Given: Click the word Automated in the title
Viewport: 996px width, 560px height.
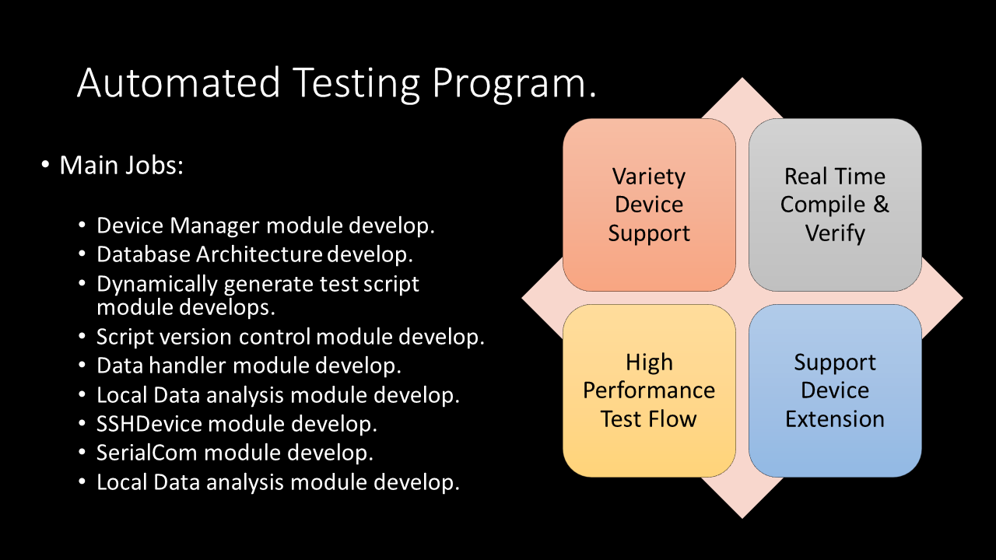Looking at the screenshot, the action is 178,82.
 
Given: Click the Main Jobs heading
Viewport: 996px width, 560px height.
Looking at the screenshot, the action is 121,166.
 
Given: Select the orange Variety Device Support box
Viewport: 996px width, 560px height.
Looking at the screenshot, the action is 649,205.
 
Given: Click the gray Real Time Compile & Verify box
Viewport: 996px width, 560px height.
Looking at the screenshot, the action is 835,205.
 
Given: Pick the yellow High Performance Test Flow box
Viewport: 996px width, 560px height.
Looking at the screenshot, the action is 649,390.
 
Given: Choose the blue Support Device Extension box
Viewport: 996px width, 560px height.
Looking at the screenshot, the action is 835,390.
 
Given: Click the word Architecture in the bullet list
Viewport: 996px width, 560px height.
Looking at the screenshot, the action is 259,254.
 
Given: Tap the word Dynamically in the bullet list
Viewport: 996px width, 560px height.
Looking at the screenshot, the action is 157,285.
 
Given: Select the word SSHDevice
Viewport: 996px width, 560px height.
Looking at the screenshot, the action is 149,424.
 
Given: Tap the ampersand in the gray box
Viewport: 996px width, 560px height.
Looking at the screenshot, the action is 881,205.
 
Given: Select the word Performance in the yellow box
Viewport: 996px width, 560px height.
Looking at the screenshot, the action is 649,391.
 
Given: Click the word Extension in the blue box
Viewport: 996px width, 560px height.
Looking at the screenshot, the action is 835,419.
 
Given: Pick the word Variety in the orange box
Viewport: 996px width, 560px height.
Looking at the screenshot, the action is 649,177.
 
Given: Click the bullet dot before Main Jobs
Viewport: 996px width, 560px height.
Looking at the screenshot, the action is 45,164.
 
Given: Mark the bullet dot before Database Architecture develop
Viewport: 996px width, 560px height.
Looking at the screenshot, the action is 82,254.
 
